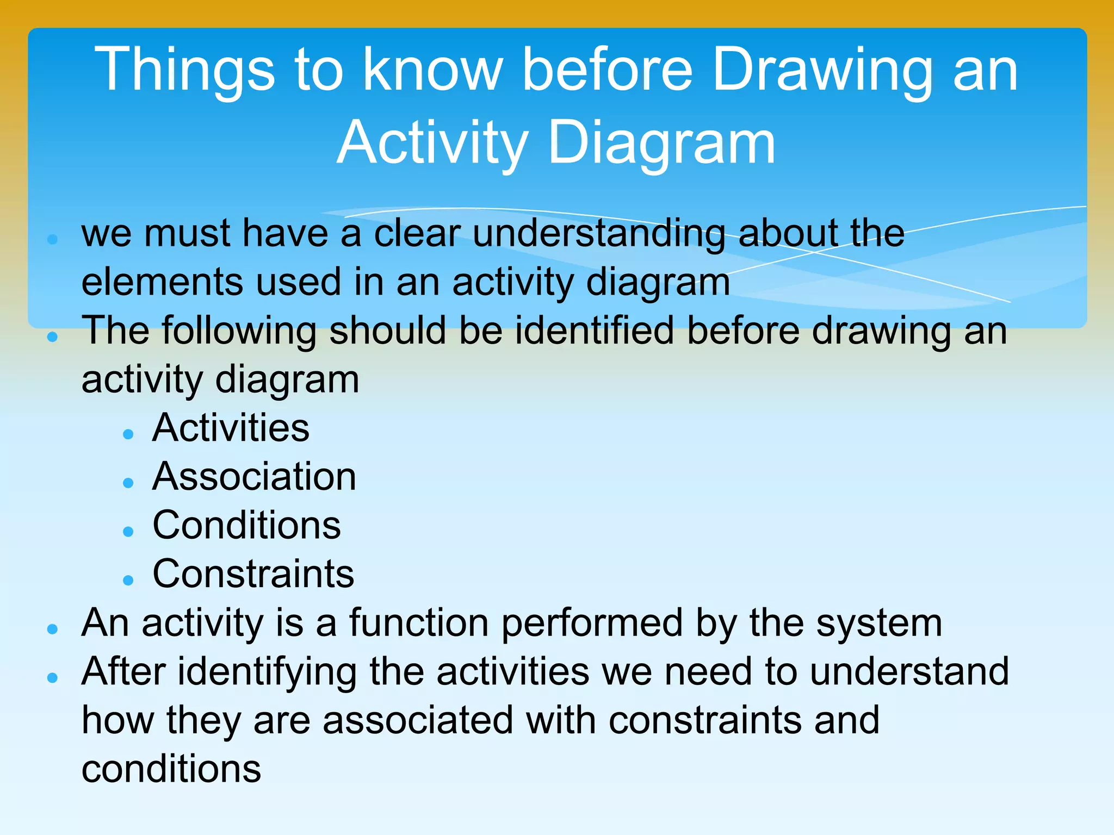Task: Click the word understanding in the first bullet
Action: [599, 234]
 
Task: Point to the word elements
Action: [162, 282]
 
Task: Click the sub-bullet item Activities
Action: [231, 428]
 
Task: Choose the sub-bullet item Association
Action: [254, 477]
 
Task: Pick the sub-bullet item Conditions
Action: [246, 525]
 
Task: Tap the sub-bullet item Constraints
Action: [253, 574]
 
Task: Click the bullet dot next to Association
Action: [128, 483]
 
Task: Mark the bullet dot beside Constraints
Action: [128, 581]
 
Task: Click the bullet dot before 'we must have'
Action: [53, 239]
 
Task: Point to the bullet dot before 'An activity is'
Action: [53, 629]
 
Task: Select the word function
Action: [418, 623]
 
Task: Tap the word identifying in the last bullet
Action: [267, 672]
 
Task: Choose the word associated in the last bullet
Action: [418, 720]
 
